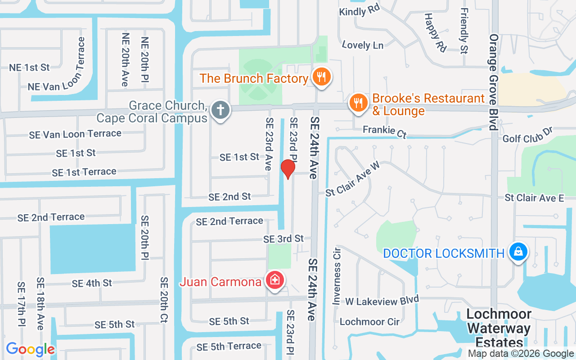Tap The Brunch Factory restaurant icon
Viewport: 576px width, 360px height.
[x=321, y=77]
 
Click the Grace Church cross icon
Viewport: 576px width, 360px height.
[x=220, y=110]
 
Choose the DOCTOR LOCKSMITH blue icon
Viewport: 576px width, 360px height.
[x=518, y=252]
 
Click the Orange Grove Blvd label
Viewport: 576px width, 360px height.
[x=494, y=81]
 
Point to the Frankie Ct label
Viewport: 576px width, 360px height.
[x=385, y=131]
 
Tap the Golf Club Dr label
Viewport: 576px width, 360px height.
[x=527, y=138]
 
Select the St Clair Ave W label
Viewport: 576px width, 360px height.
[x=353, y=179]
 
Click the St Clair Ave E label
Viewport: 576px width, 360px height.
[x=534, y=198]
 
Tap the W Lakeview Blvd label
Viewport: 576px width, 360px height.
[x=382, y=301]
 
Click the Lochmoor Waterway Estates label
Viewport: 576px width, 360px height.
[x=499, y=328]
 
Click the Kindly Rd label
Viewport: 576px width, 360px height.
[x=360, y=11]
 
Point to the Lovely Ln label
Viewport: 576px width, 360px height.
[x=362, y=45]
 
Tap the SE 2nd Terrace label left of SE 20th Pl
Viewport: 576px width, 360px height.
[x=51, y=217]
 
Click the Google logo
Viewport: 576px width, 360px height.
[x=30, y=349]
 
